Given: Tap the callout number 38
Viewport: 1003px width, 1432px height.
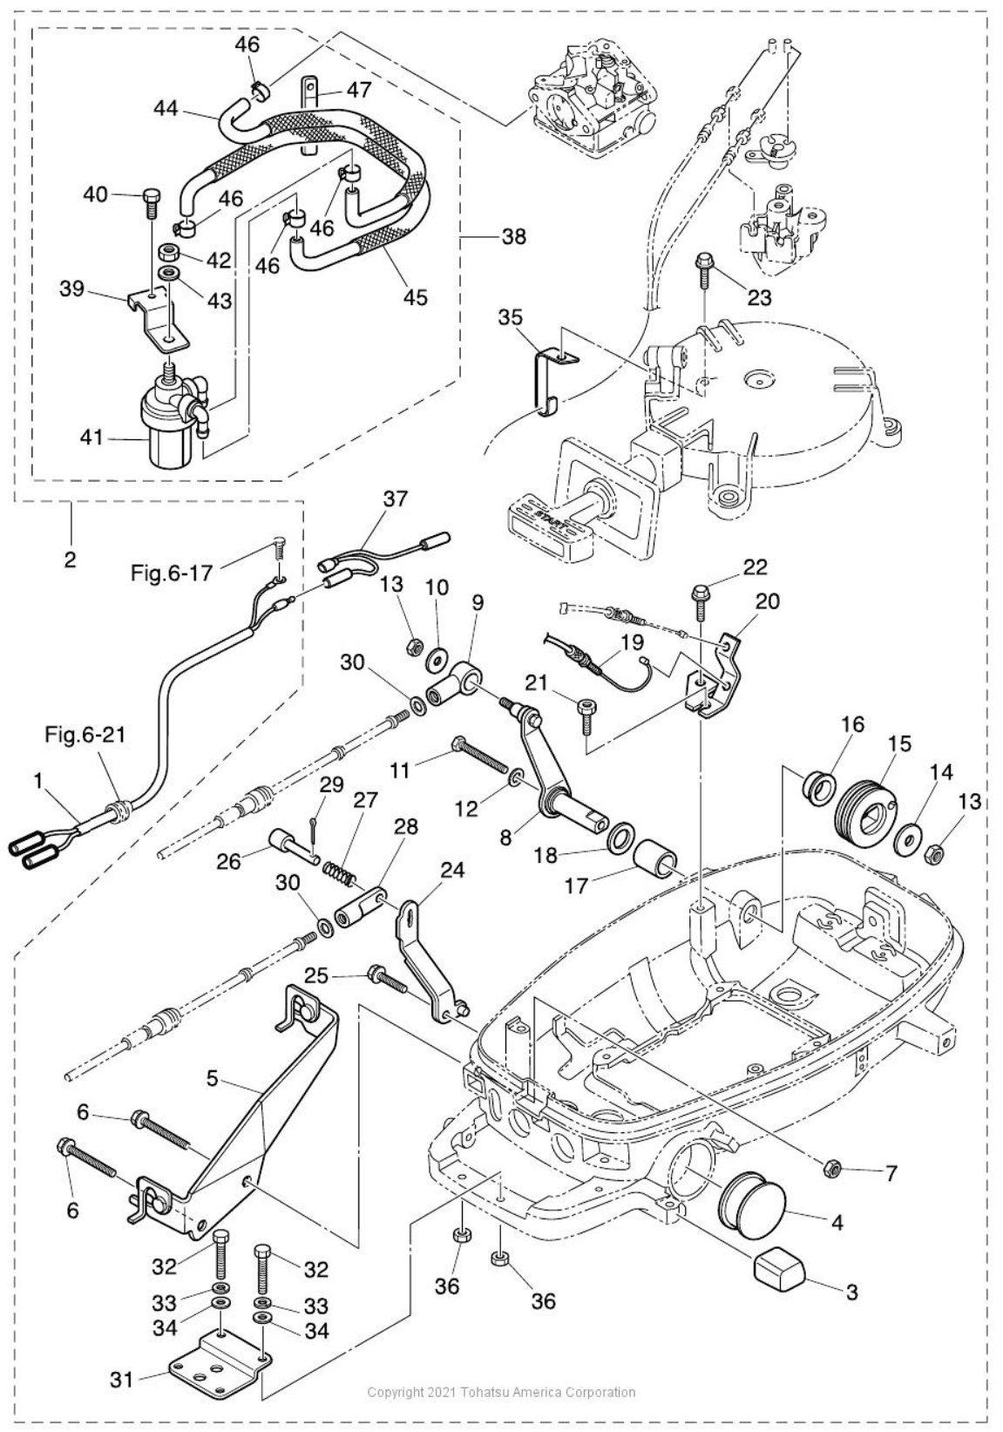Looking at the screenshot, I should pyautogui.click(x=514, y=235).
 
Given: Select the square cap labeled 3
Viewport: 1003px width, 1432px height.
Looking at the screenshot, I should pyautogui.click(x=779, y=1266).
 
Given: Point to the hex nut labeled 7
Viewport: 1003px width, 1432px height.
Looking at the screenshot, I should pyautogui.click(x=830, y=1165).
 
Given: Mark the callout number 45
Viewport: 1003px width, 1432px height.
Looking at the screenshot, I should pyautogui.click(x=416, y=296).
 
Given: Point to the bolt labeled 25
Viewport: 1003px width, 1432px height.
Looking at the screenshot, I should pyautogui.click(x=388, y=981).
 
